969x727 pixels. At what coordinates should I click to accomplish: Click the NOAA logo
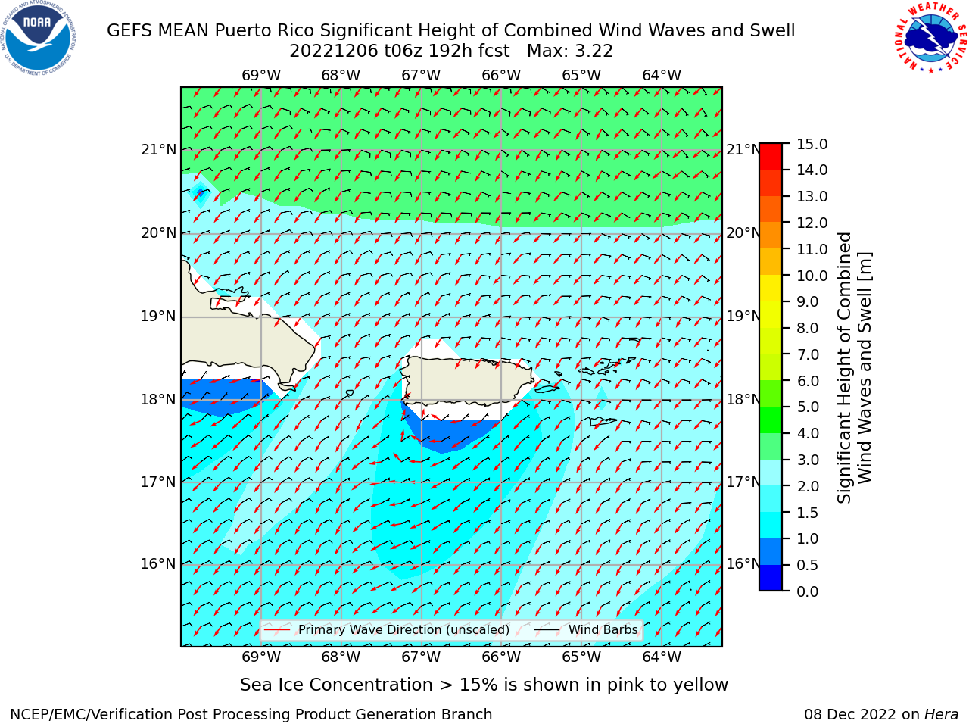pos(39,38)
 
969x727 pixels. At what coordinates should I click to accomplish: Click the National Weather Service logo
pos(930,38)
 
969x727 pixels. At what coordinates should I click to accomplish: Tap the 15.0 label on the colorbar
pos(812,144)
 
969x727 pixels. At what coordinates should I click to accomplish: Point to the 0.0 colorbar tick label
pos(808,591)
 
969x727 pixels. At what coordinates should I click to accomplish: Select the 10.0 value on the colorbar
pos(812,276)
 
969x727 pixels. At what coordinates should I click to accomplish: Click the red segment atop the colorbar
pos(771,156)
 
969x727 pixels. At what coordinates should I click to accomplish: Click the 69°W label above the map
pos(261,76)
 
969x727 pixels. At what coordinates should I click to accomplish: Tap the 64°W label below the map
pos(662,657)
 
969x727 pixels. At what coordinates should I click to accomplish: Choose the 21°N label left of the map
pos(158,150)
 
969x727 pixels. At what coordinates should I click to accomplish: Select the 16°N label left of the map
pos(158,563)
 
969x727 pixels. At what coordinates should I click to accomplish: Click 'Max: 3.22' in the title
pos(569,51)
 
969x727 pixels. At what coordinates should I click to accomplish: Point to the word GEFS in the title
pos(130,30)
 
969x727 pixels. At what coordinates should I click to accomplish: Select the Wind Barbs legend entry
pos(586,629)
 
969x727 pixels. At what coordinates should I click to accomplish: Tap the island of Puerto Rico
pos(468,380)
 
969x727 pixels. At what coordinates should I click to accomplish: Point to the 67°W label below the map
pos(421,657)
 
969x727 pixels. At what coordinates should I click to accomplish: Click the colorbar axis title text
pos(854,368)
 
